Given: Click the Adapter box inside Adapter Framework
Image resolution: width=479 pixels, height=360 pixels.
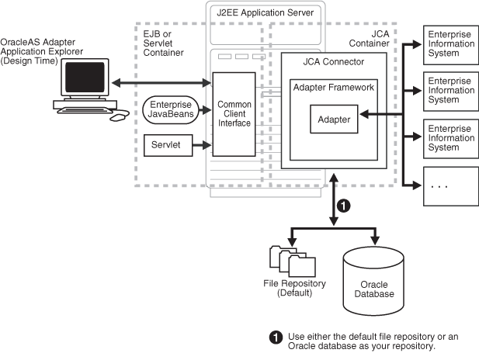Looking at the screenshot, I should (x=334, y=119).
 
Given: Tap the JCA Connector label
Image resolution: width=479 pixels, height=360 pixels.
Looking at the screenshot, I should (x=333, y=61).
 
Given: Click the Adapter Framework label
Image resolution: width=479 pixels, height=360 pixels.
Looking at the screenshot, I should (x=334, y=87).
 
